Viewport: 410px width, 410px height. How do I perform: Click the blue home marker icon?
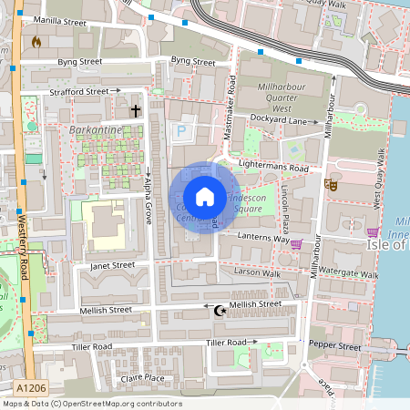point(205,197)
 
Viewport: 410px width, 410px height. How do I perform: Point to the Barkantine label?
point(93,131)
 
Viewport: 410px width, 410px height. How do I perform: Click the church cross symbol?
point(136,111)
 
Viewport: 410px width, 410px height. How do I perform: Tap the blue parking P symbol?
point(180,131)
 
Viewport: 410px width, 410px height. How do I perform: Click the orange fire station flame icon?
point(36,42)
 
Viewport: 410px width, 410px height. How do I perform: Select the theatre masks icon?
point(331,184)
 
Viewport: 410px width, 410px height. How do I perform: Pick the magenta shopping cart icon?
point(296,243)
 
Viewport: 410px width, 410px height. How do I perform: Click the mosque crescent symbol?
point(219,311)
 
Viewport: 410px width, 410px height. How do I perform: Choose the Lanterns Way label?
point(265,239)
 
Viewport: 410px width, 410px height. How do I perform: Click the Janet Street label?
point(112,266)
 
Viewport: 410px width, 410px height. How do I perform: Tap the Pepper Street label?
point(336,346)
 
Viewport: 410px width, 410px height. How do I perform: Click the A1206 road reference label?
point(24,387)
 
